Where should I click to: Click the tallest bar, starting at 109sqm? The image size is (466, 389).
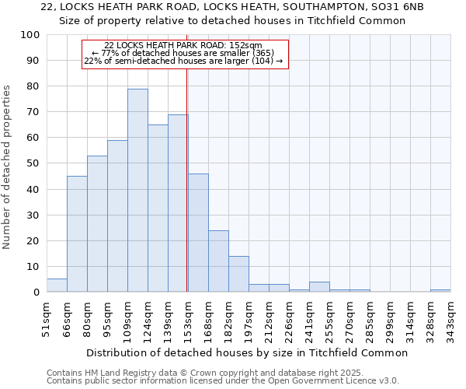tap(137, 191)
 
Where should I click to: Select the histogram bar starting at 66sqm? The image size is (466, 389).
tap(77, 233)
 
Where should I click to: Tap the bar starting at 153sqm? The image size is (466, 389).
tap(198, 233)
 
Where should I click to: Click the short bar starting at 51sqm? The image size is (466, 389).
tap(57, 286)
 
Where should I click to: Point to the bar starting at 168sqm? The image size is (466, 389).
tap(218, 261)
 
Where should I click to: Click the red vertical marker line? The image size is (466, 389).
tap(187, 179)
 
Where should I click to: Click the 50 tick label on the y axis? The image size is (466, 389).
tap(33, 163)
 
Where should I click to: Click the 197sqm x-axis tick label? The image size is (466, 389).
tap(249, 318)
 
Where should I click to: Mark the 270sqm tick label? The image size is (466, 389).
tap(349, 318)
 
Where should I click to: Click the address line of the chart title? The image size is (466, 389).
tap(232, 6)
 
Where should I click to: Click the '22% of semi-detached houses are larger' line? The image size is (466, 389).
tap(183, 61)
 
